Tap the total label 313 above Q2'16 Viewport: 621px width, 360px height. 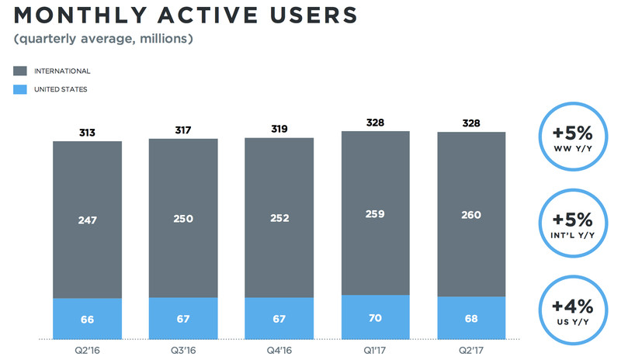(x=87, y=132)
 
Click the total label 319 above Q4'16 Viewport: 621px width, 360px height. (x=279, y=128)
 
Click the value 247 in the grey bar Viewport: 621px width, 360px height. (x=87, y=221)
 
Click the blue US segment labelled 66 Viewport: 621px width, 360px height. (x=87, y=319)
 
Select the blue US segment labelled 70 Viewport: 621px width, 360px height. (x=375, y=317)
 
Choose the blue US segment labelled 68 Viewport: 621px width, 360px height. (x=471, y=318)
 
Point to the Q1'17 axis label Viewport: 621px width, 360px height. (x=375, y=349)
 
